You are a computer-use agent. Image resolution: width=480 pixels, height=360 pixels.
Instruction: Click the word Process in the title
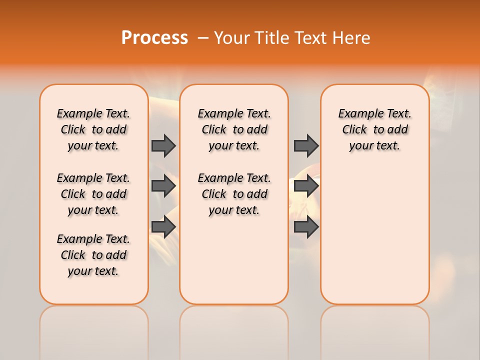point(154,38)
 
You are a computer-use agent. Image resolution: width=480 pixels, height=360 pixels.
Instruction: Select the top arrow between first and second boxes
point(163,145)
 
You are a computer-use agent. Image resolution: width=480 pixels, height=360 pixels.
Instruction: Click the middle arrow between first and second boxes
point(163,186)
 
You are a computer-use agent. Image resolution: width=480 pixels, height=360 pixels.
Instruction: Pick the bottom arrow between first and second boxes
point(163,226)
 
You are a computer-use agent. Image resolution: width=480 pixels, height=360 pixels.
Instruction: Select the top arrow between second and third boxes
point(306,145)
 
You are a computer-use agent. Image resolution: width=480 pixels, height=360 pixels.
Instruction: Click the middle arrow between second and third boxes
point(306,186)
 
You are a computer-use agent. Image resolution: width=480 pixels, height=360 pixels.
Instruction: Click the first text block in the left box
point(93,129)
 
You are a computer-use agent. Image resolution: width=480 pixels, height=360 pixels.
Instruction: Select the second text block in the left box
point(93,194)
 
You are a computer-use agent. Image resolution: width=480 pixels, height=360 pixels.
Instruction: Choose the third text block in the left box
point(93,255)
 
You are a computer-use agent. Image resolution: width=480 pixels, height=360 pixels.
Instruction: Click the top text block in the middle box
point(234,129)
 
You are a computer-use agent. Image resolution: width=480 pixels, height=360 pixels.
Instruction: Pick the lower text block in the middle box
point(234,194)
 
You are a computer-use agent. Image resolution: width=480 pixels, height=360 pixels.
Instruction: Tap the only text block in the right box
point(374,129)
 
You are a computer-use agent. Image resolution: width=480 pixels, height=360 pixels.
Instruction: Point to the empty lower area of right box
point(374,235)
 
